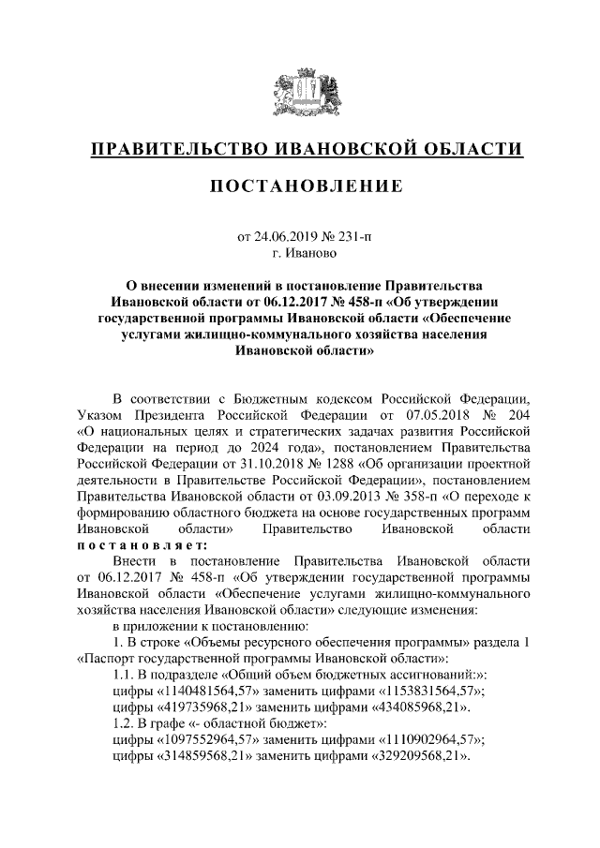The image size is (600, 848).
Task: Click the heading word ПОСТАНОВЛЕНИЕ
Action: point(300,186)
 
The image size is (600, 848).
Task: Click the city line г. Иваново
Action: point(300,253)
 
